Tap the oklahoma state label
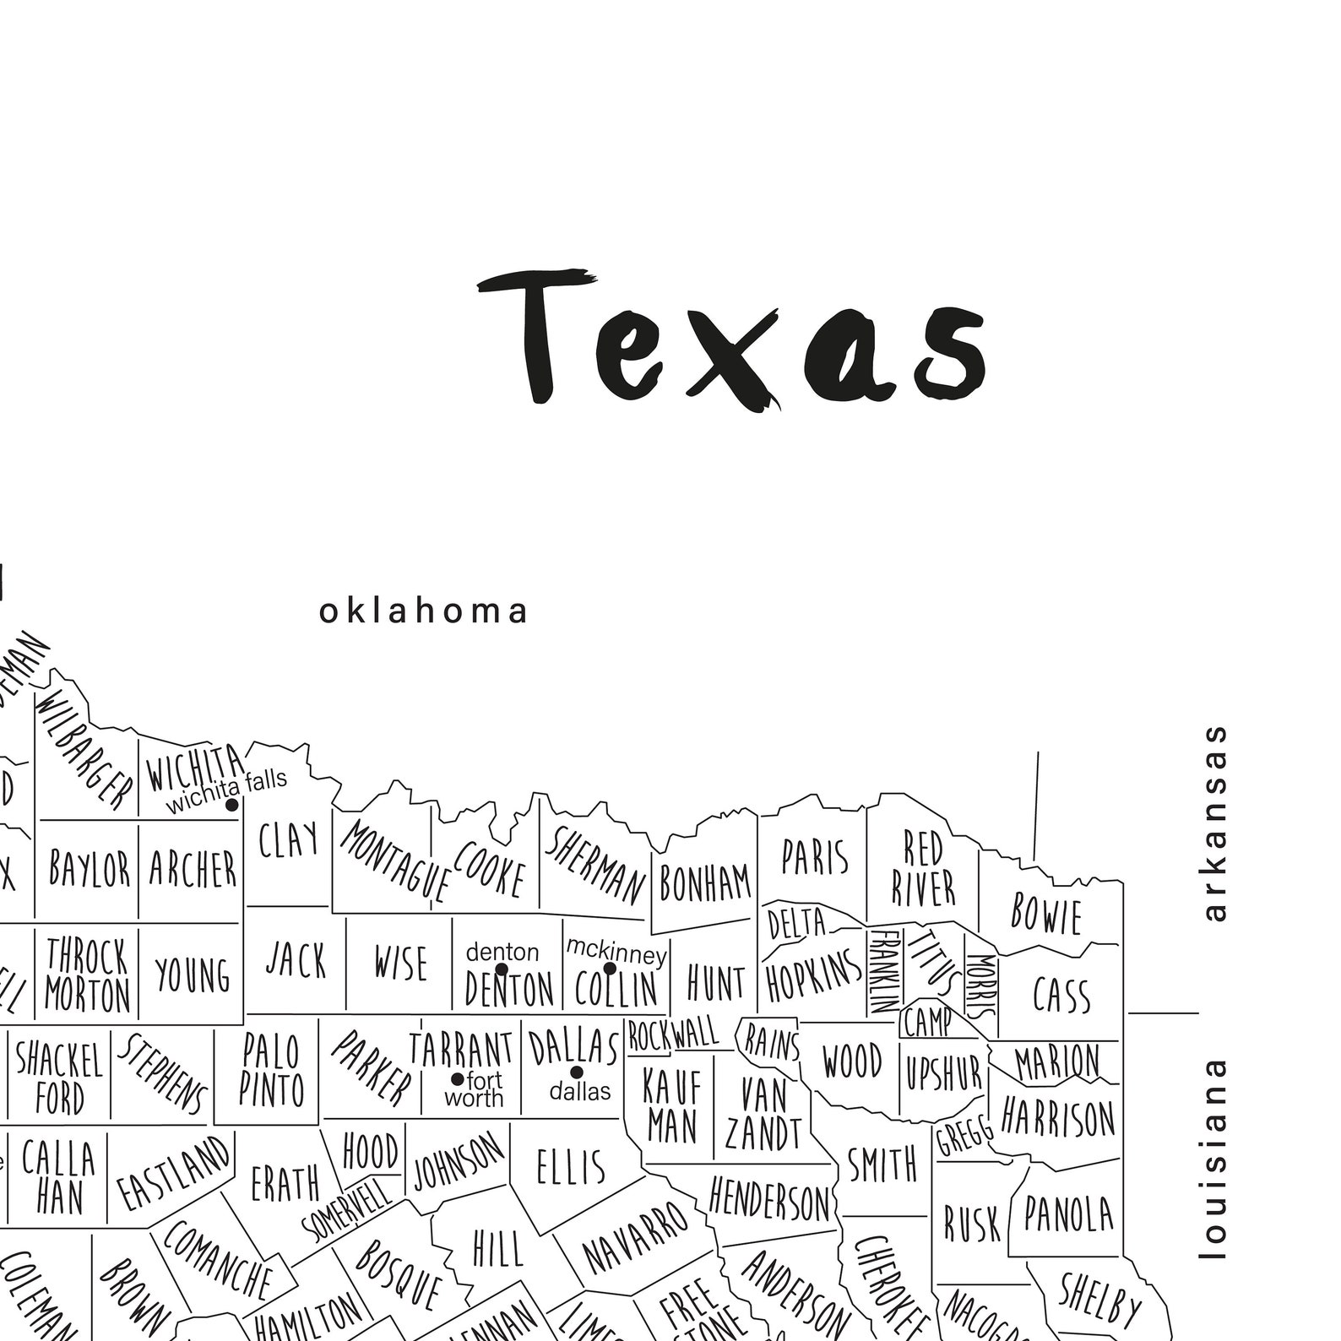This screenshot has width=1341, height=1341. [423, 611]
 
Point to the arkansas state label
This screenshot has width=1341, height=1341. [1215, 823]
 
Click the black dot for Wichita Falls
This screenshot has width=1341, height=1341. [231, 805]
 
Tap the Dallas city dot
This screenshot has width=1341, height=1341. [577, 1072]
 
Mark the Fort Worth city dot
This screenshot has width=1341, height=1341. [457, 1079]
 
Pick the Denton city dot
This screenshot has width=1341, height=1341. [502, 969]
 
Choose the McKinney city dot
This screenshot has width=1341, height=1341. [610, 969]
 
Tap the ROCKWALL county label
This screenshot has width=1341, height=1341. [673, 1034]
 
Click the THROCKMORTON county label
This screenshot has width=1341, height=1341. [87, 975]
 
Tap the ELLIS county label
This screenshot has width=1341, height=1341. [571, 1167]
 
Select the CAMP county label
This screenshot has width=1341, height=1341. [926, 1023]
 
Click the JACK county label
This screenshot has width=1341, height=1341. [296, 961]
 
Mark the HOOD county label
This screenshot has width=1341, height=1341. [371, 1150]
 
